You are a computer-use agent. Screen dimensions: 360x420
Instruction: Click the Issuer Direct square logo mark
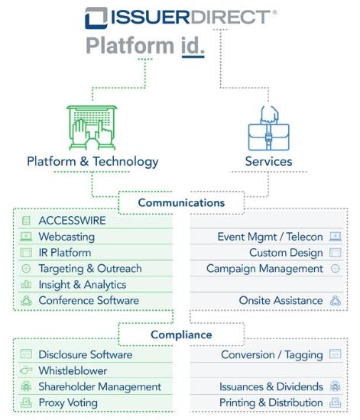click(96, 18)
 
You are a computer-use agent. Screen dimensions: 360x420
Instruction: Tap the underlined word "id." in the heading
click(193, 47)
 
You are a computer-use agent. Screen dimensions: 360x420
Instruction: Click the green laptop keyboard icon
click(92, 128)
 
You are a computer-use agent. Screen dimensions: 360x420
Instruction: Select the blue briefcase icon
click(268, 128)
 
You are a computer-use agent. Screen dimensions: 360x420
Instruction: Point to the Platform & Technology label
click(92, 162)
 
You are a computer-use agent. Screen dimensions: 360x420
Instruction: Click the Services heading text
click(268, 162)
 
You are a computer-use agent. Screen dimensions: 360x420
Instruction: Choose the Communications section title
click(181, 203)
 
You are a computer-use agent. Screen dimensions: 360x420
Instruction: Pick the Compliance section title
click(181, 334)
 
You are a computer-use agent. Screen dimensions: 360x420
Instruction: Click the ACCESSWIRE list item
click(72, 221)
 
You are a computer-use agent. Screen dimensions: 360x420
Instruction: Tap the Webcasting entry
click(66, 237)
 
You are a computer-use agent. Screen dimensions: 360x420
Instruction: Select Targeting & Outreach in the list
click(90, 269)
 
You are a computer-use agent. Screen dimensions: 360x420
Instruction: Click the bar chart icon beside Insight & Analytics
click(26, 284)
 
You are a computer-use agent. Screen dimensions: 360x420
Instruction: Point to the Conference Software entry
click(89, 301)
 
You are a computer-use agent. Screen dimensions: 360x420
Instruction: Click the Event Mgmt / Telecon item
click(271, 237)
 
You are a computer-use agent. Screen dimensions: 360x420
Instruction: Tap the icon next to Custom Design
click(336, 253)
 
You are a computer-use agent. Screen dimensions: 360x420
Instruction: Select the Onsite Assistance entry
click(281, 301)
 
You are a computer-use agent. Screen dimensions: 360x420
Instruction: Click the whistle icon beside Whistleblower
click(26, 370)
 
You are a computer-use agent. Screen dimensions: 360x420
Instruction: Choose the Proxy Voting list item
click(68, 403)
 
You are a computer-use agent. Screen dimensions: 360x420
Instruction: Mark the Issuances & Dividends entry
click(271, 387)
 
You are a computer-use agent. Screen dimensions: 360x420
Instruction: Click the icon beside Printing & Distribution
click(336, 402)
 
